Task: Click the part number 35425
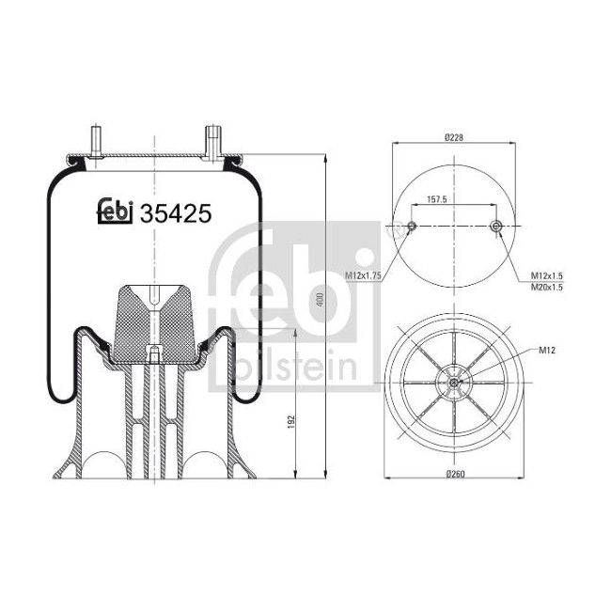175,214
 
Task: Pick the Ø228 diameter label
454,137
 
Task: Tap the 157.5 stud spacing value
436,199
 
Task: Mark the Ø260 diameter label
455,471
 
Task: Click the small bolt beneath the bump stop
152,354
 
